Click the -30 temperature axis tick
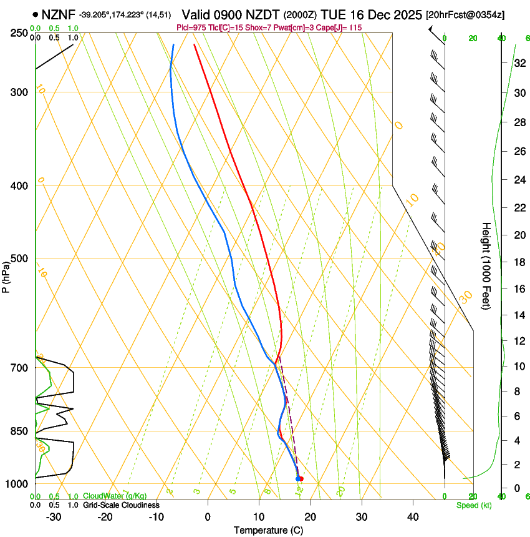point(54,517)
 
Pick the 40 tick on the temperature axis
point(412,517)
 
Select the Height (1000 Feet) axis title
point(486,265)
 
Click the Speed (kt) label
point(474,505)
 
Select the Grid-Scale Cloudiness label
point(121,505)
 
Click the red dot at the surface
point(301,479)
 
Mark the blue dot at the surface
point(297,479)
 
